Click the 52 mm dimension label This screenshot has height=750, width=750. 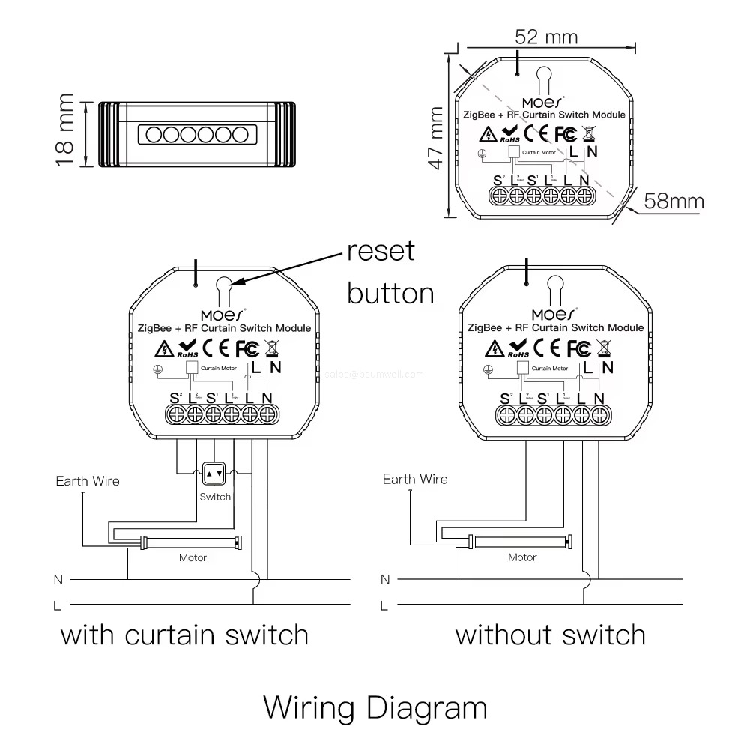(547, 37)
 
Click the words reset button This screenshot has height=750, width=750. (390, 271)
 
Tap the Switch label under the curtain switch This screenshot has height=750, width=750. (215, 497)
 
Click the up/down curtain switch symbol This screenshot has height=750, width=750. (215, 473)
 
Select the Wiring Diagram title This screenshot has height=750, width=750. (375, 707)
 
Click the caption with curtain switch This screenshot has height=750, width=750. (184, 635)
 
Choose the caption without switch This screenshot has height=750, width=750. (551, 635)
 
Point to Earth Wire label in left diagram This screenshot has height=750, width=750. (88, 481)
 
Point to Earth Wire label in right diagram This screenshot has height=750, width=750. (415, 480)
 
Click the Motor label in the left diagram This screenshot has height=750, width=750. (193, 557)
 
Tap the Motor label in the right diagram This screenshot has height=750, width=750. (522, 557)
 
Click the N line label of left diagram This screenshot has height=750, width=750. (58, 579)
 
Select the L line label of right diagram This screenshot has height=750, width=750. (384, 605)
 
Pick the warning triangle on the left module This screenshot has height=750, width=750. (163, 349)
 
